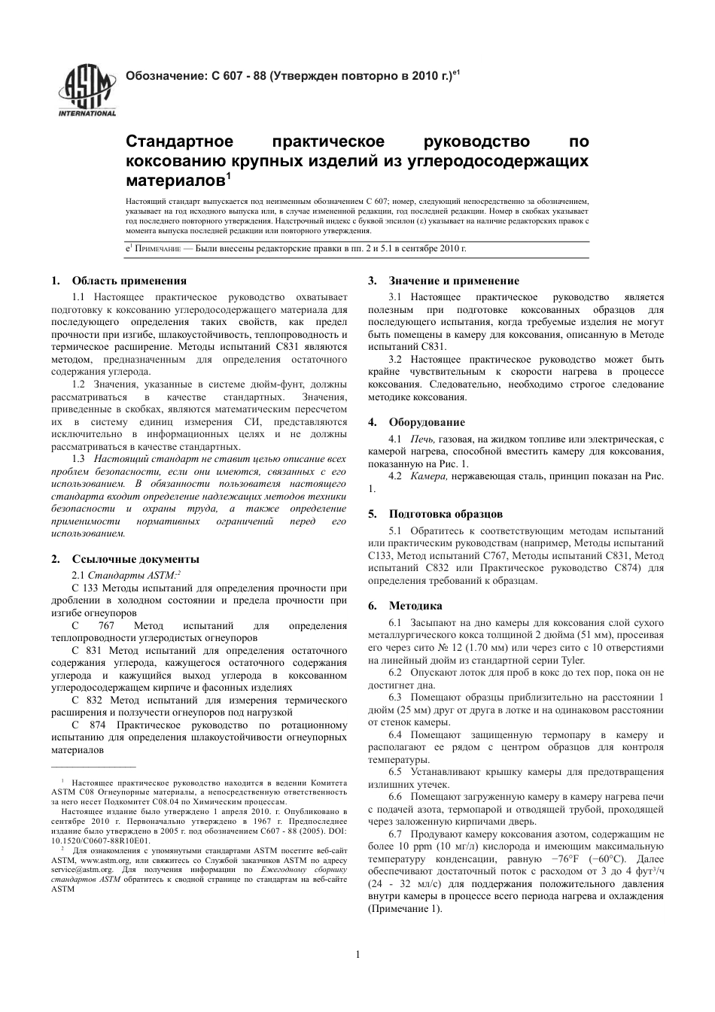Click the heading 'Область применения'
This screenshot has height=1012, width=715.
click(x=129, y=281)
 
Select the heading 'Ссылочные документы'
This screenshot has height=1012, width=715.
click(x=135, y=559)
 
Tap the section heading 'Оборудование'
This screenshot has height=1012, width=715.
click(x=427, y=422)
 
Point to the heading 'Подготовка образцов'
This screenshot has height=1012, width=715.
click(x=446, y=514)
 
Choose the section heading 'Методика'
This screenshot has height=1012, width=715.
click(x=415, y=606)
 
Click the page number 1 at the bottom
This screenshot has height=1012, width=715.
click(x=357, y=955)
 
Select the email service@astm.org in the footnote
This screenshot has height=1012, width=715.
click(x=82, y=869)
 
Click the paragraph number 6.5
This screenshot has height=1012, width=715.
click(x=396, y=771)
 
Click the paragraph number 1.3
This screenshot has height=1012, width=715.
click(x=79, y=459)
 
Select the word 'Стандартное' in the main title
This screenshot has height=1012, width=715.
click(x=180, y=142)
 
